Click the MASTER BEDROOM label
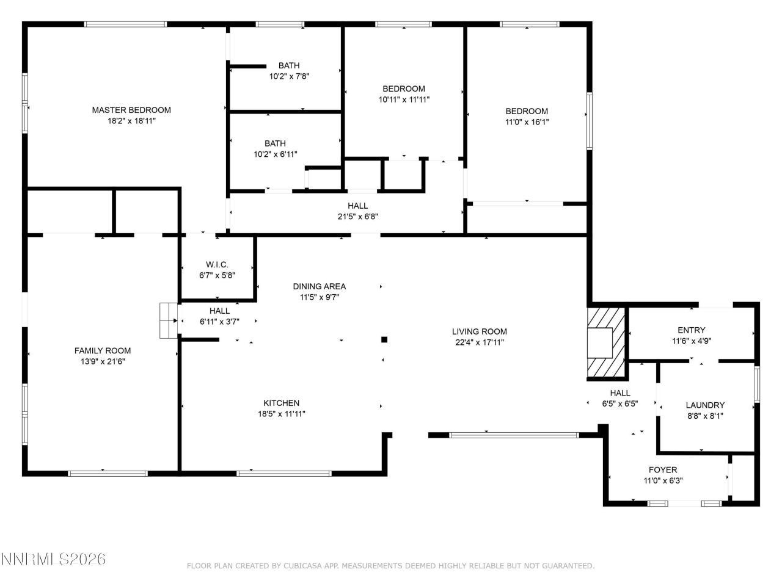tap(131, 110)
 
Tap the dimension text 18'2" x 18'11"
tap(131, 121)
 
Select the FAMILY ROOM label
tap(103, 350)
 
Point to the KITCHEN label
tap(281, 403)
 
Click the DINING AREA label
tap(319, 286)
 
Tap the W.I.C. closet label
tap(217, 264)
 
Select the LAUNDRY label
tap(705, 405)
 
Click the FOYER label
tap(663, 469)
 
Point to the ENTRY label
tap(691, 330)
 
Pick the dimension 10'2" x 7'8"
tap(289, 76)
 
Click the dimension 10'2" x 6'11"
tap(275, 154)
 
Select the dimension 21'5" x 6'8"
tap(357, 216)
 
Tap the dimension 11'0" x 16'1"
tap(527, 122)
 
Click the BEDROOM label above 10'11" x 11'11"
tap(404, 89)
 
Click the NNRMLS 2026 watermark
tap(54, 559)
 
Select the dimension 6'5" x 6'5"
tap(619, 403)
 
